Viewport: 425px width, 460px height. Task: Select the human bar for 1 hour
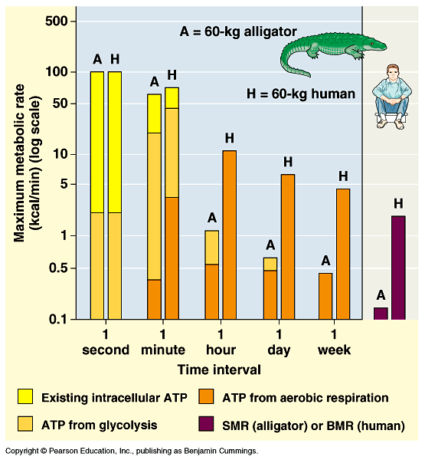pos(229,235)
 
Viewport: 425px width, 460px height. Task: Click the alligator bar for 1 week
pos(325,296)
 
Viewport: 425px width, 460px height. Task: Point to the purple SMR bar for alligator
pos(381,313)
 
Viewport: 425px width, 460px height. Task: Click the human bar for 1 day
pos(287,246)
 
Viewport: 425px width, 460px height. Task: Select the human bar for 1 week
pos(343,254)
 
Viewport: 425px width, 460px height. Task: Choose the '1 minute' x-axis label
pos(162,343)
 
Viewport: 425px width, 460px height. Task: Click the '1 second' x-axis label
pos(105,343)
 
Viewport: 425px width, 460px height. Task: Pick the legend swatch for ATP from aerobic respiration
pos(208,397)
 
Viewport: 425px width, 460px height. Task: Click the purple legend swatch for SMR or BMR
pos(208,425)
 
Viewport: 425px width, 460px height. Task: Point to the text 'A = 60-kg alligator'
pos(237,32)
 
